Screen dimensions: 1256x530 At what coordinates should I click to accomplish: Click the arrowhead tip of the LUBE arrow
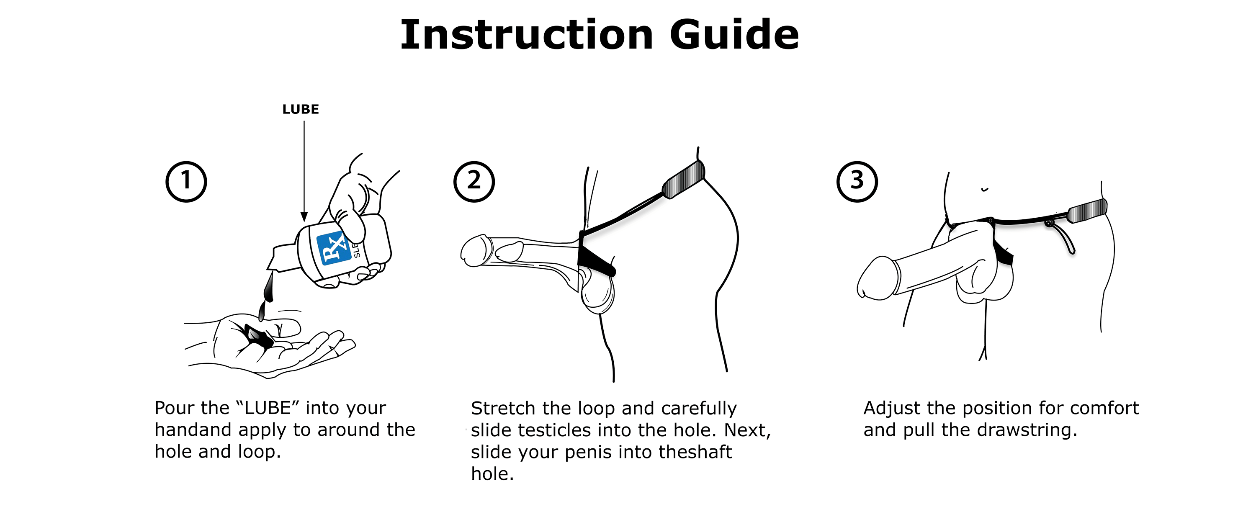click(304, 222)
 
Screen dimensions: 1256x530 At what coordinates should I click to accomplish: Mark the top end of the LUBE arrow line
click(304, 121)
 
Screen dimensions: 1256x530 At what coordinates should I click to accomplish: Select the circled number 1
click(186, 181)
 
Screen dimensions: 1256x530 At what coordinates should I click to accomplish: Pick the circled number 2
click(474, 181)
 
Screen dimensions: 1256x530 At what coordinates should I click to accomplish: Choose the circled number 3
click(857, 181)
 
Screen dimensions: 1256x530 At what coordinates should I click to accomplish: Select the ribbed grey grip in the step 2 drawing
click(684, 180)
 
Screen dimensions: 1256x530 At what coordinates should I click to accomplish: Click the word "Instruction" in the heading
click(527, 35)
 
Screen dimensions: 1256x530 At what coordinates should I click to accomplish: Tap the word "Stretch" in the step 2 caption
click(503, 408)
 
